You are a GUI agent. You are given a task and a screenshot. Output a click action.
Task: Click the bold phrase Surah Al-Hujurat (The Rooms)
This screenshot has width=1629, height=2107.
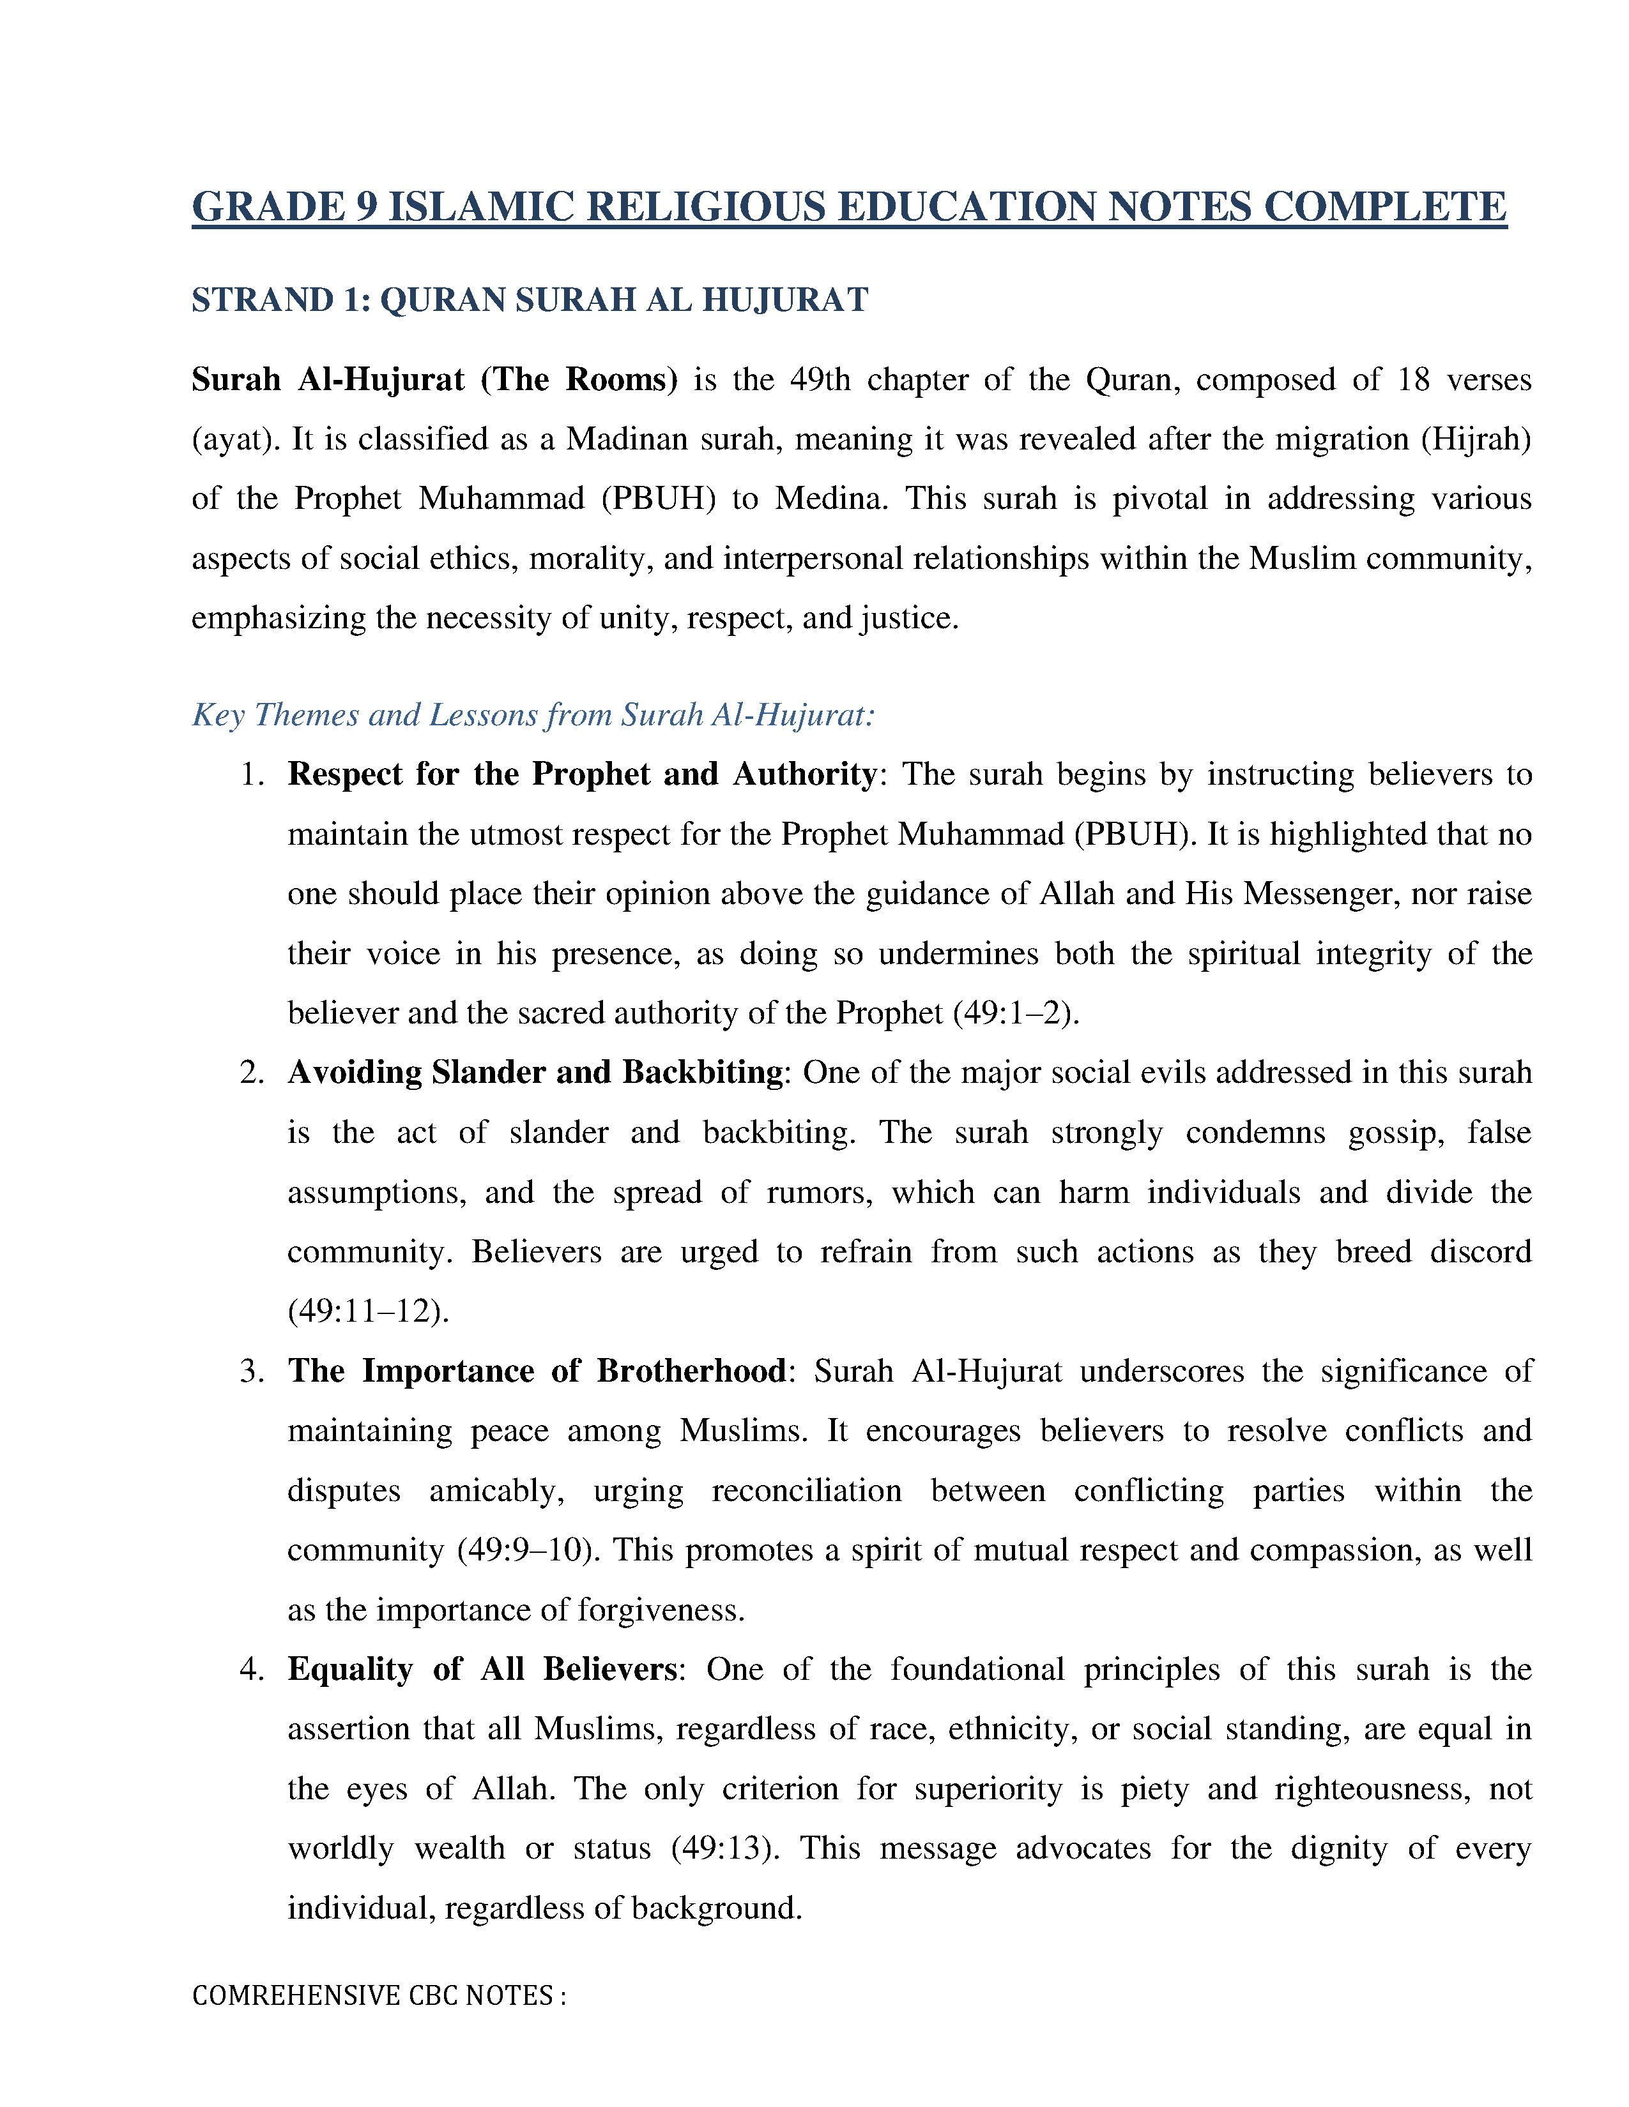pyautogui.click(x=434, y=379)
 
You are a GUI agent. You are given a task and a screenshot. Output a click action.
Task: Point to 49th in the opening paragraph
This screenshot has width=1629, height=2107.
pyautogui.click(x=820, y=379)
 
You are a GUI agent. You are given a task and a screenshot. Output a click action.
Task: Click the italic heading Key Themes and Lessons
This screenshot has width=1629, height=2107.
pyautogui.click(x=533, y=715)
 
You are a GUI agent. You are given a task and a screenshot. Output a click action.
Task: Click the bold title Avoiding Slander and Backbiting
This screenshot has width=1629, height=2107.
pyautogui.click(x=535, y=1073)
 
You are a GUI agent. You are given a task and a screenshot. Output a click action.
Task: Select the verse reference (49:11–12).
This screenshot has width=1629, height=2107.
pyautogui.click(x=369, y=1311)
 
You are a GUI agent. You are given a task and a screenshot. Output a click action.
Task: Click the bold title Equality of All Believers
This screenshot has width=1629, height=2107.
pyautogui.click(x=482, y=1669)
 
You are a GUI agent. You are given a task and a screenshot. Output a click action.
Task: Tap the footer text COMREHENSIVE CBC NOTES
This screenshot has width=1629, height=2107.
pyautogui.click(x=378, y=1995)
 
